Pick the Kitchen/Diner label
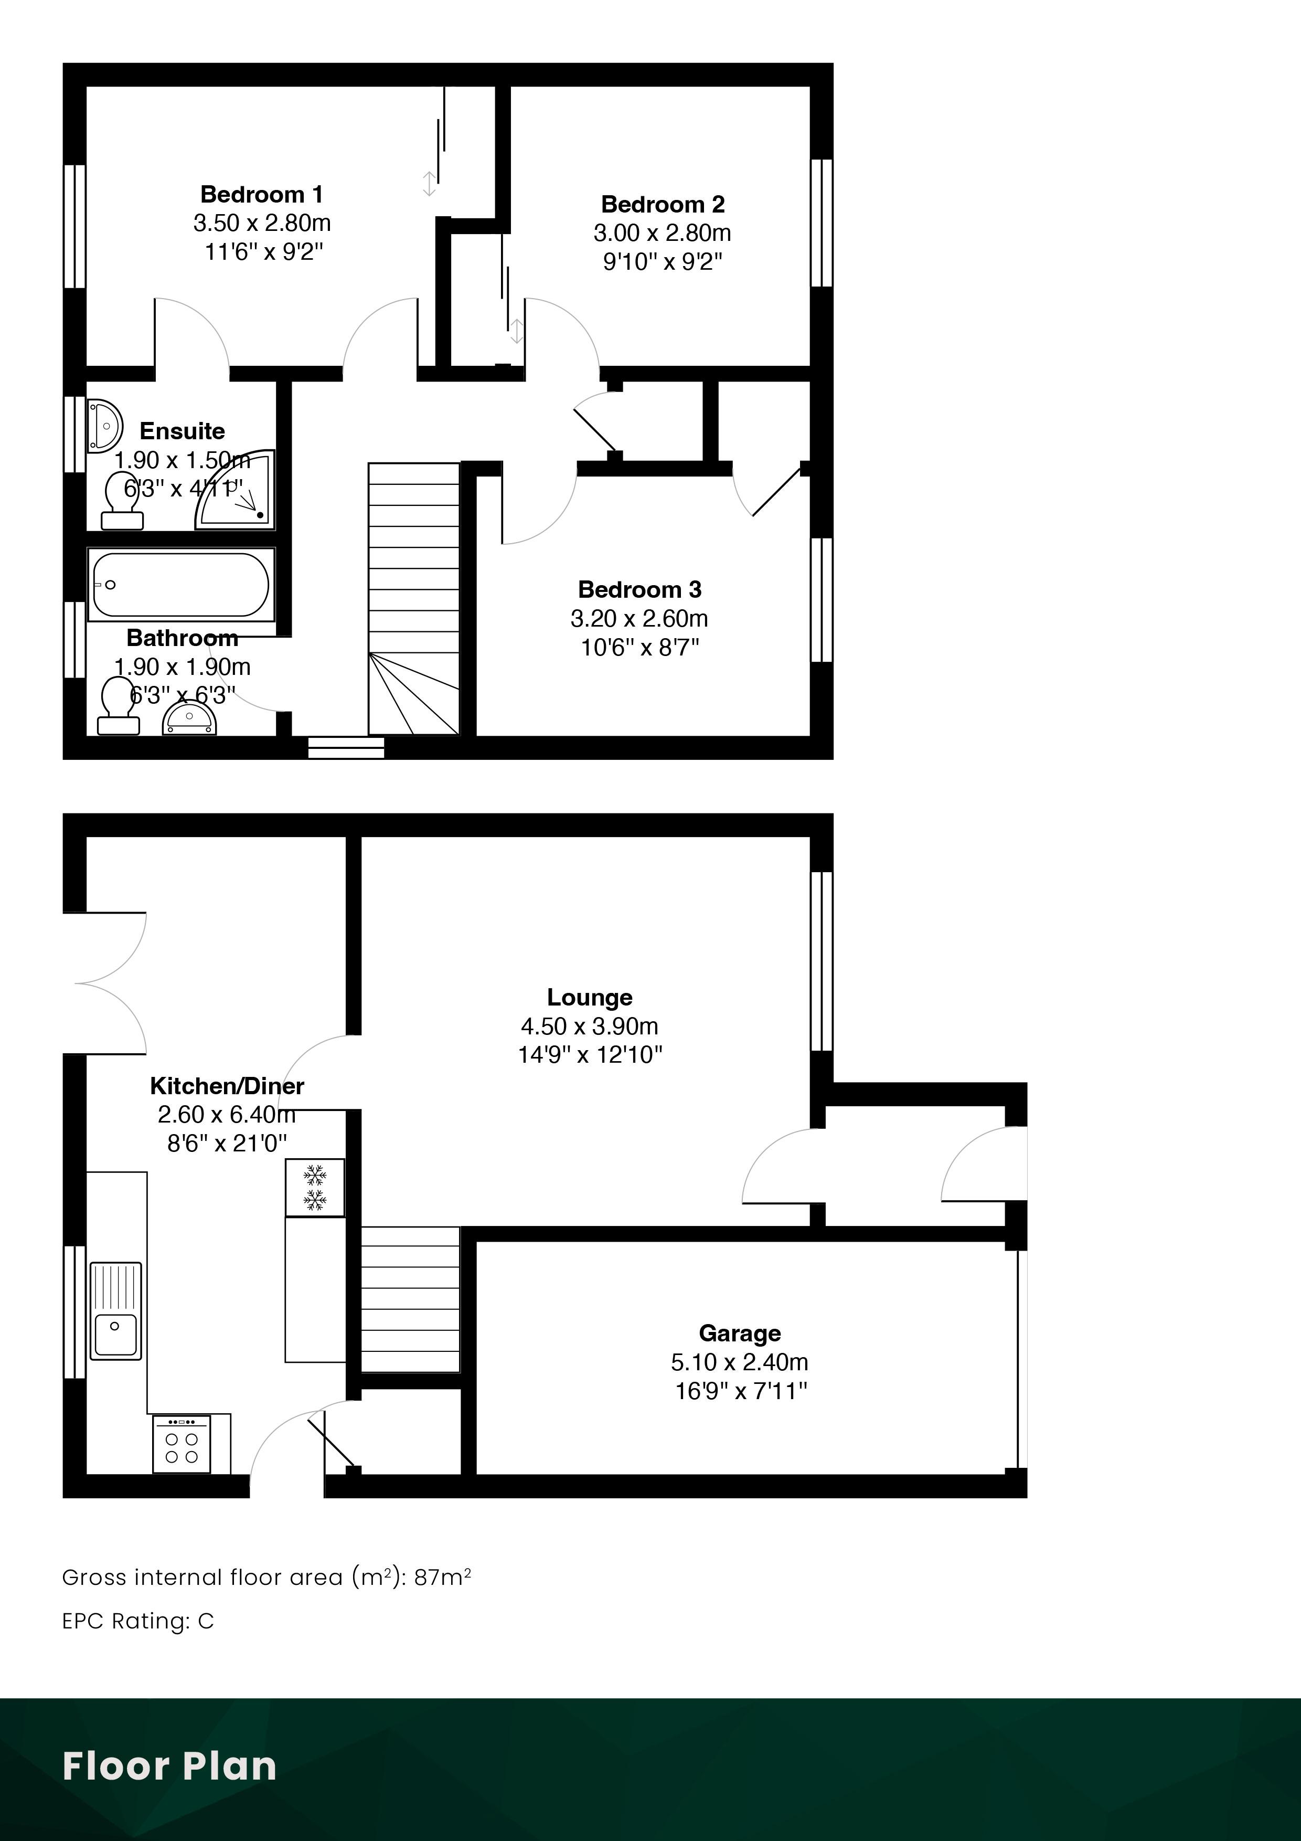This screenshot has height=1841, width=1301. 227,1086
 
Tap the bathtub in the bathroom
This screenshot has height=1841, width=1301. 181,585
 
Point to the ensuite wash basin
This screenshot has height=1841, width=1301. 104,425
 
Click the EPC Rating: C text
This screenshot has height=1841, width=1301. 138,1621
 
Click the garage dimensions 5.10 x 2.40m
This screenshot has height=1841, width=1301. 739,1361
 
